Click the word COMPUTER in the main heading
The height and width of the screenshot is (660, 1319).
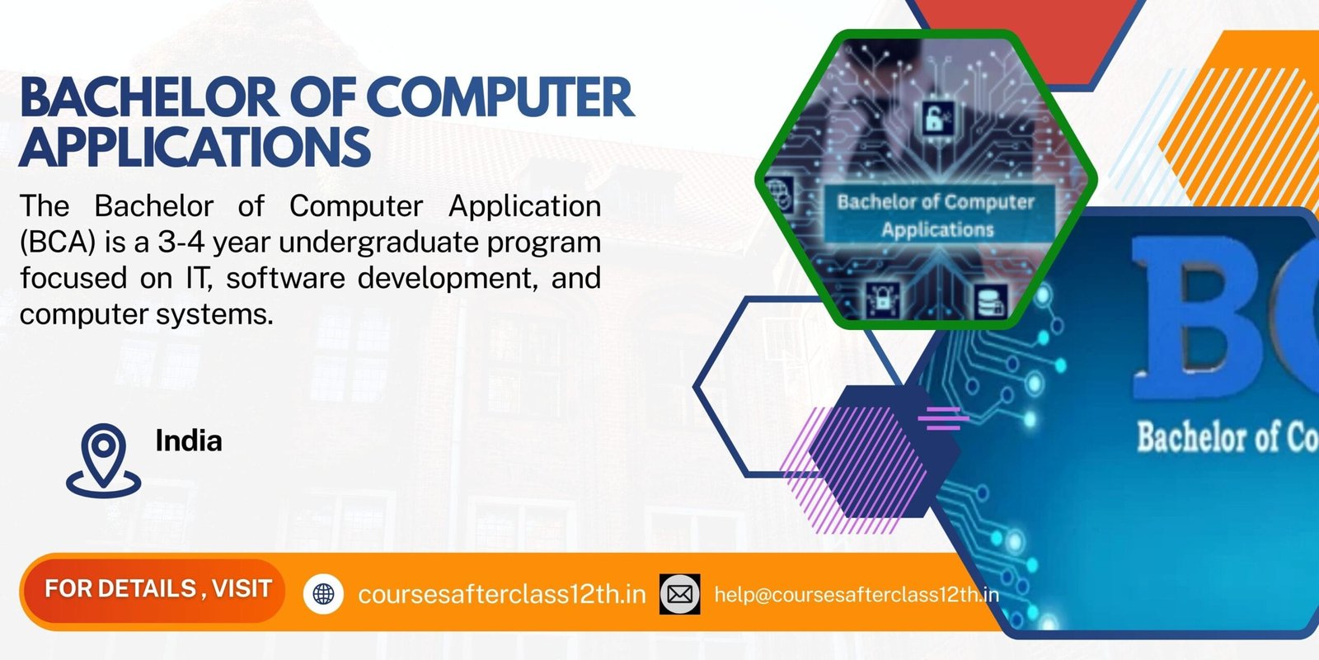(500, 97)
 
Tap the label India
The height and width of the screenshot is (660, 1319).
(189, 441)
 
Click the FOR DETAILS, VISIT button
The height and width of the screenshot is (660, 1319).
(157, 589)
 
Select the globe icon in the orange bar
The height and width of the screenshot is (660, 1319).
(324, 593)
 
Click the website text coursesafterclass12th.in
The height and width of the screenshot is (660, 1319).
(501, 594)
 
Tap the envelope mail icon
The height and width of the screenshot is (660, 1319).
(680, 594)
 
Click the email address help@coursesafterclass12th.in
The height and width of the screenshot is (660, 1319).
(856, 594)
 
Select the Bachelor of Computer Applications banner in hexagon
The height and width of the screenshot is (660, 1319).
(937, 214)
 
